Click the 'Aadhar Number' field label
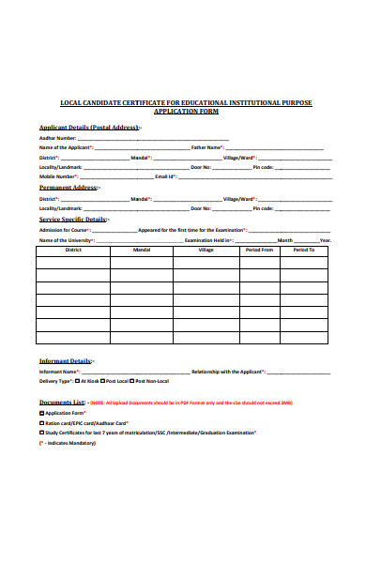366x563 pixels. (x=58, y=138)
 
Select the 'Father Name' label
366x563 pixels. (x=207, y=147)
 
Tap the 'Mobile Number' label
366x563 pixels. (x=58, y=175)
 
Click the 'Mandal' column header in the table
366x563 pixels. (x=142, y=251)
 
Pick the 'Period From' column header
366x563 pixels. (x=259, y=251)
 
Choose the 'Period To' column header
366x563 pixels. (x=304, y=251)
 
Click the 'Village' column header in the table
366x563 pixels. (x=206, y=251)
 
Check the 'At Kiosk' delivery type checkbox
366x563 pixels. (x=77, y=381)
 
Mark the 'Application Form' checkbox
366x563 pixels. (x=41, y=413)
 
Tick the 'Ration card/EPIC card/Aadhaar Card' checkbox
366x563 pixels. (x=41, y=422)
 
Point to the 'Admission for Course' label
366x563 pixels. (x=65, y=230)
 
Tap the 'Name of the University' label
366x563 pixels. (x=67, y=239)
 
